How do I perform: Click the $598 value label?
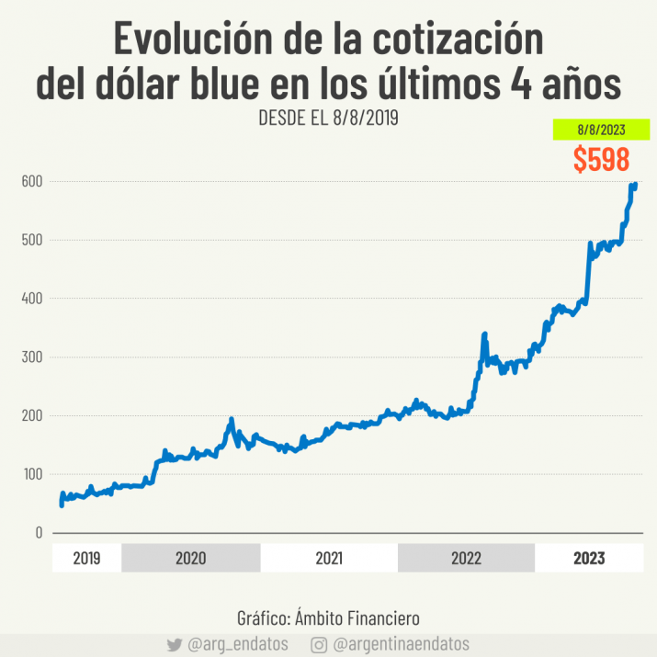(x=601, y=159)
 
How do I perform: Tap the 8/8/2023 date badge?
(x=601, y=130)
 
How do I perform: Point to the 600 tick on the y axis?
(x=32, y=182)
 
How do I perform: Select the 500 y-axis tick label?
(x=32, y=240)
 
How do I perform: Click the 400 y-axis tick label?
(x=32, y=299)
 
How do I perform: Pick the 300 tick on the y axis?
(x=32, y=357)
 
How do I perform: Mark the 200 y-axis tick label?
(x=32, y=415)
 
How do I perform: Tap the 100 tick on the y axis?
(x=32, y=474)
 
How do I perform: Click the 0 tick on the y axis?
(x=39, y=533)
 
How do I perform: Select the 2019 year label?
(x=86, y=558)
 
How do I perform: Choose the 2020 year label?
(x=190, y=558)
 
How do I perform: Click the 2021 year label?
(x=329, y=558)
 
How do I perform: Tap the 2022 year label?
(x=466, y=558)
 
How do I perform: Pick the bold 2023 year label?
(x=588, y=558)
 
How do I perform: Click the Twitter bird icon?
(x=175, y=645)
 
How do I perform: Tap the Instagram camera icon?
(x=319, y=645)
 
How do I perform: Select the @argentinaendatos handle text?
(x=401, y=645)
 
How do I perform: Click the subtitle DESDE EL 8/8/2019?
(x=328, y=119)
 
